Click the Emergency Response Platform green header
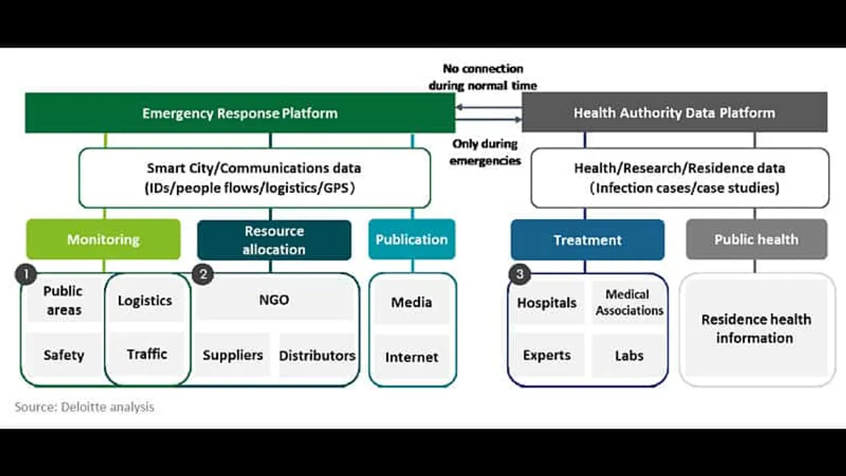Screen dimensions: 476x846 point(239,113)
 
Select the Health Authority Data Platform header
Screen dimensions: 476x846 point(674,112)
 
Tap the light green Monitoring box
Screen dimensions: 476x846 point(103,239)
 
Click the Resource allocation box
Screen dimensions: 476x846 point(274,240)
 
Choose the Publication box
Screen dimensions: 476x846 point(412,239)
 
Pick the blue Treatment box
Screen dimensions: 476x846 point(587,240)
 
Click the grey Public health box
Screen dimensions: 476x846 point(756,239)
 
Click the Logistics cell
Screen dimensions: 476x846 point(145,301)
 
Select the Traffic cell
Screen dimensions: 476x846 point(147,354)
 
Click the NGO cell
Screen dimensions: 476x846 point(274,300)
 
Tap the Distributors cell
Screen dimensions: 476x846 point(317,356)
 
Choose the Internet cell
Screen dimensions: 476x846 point(412,357)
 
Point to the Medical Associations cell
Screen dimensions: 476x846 point(629,302)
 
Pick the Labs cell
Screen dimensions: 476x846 point(629,356)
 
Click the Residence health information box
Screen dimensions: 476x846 point(756,329)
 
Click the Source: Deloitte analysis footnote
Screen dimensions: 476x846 point(85,407)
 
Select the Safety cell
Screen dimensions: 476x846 point(63,356)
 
